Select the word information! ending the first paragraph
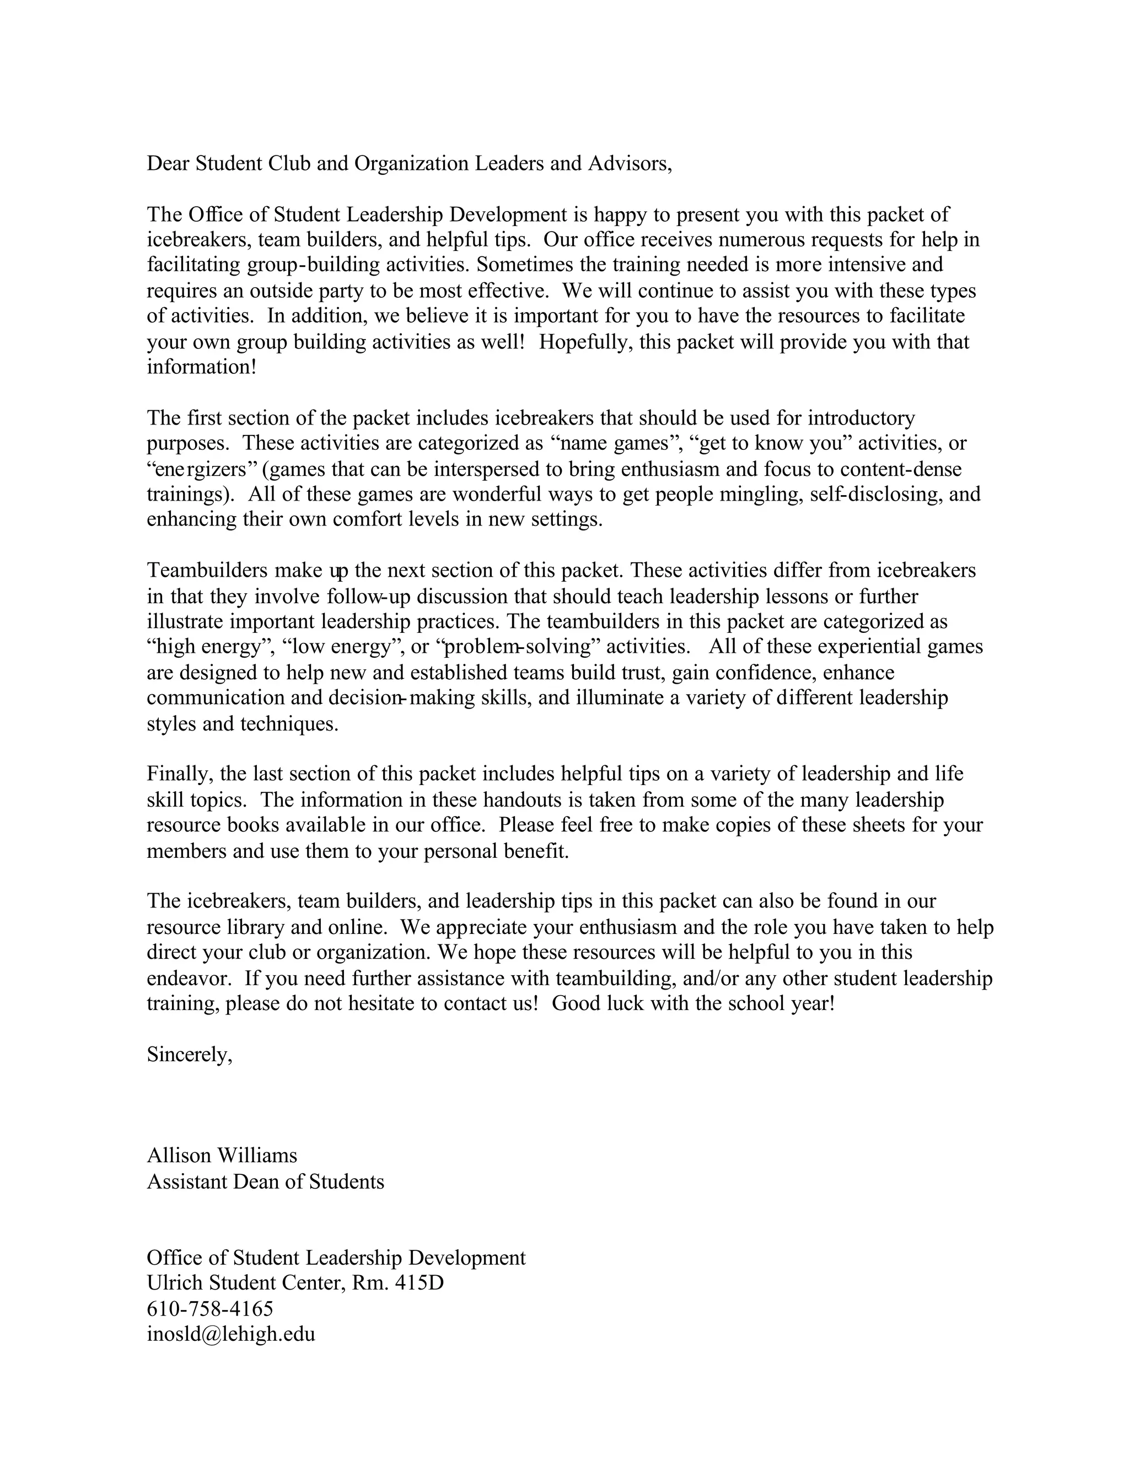pyautogui.click(x=201, y=367)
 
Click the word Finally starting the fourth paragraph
pyautogui.click(x=180, y=774)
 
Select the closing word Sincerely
pyautogui.click(x=189, y=1055)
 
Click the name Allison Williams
pyautogui.click(x=222, y=1155)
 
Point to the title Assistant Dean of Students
pyautogui.click(x=266, y=1181)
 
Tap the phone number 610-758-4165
pyautogui.click(x=210, y=1308)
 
